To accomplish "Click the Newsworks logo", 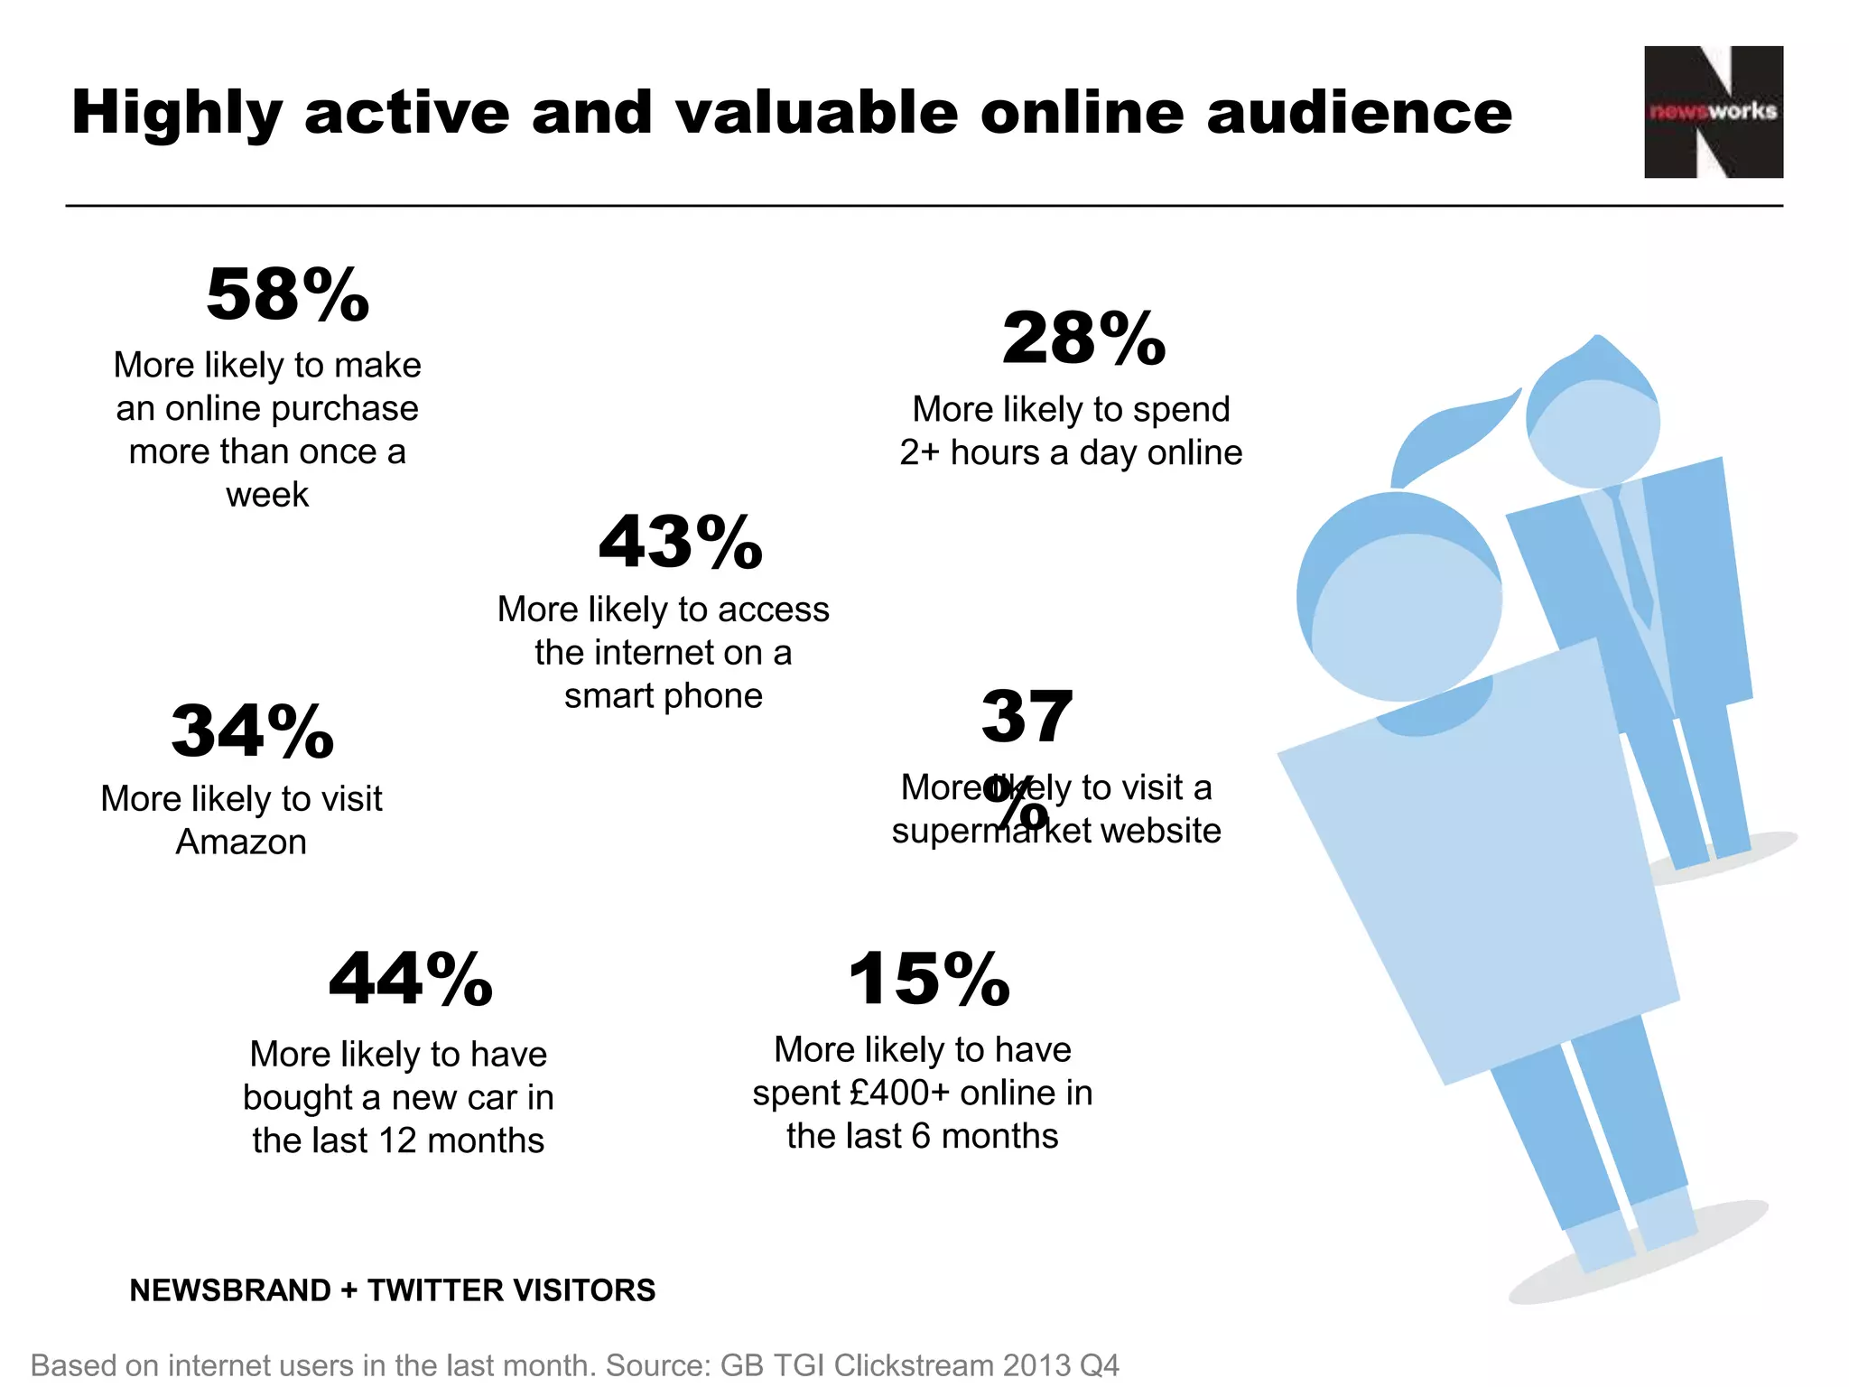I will pos(1713,112).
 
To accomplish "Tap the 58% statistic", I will pos(288,295).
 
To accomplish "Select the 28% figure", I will pos(1083,340).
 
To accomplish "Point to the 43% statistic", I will pos(681,543).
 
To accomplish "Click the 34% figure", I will pos(253,731).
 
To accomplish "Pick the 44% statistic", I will pos(411,980).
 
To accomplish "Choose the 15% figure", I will pos(929,980).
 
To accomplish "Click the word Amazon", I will pos(241,842).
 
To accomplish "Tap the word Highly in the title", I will pos(178,114).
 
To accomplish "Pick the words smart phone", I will pos(664,696).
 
